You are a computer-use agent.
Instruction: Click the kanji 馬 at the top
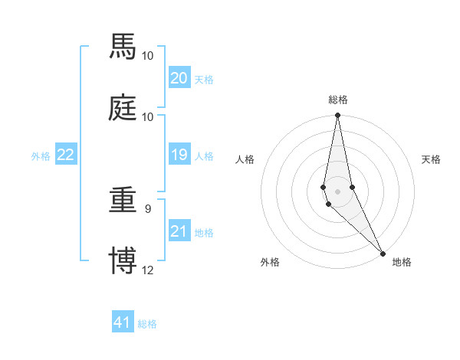(x=123, y=47)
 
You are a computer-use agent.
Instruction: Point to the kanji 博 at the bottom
(x=123, y=260)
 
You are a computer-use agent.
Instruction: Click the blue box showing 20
(x=179, y=78)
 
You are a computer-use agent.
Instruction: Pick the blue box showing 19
(x=179, y=155)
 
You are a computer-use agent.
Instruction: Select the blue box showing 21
(x=179, y=231)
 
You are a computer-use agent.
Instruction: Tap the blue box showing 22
(x=66, y=155)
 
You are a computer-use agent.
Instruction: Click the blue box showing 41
(x=123, y=322)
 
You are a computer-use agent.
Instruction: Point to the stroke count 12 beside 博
(x=148, y=270)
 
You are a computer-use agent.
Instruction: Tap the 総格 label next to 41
(x=147, y=324)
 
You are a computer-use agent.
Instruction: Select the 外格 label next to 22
(x=41, y=156)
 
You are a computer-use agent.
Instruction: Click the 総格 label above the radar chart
(x=338, y=100)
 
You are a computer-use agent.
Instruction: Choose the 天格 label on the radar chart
(x=432, y=159)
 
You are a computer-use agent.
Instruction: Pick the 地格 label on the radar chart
(x=402, y=262)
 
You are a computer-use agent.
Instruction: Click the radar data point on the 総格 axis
(x=338, y=116)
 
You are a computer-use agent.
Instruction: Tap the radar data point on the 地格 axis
(x=383, y=253)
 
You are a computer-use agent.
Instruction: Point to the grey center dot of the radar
(x=338, y=191)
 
